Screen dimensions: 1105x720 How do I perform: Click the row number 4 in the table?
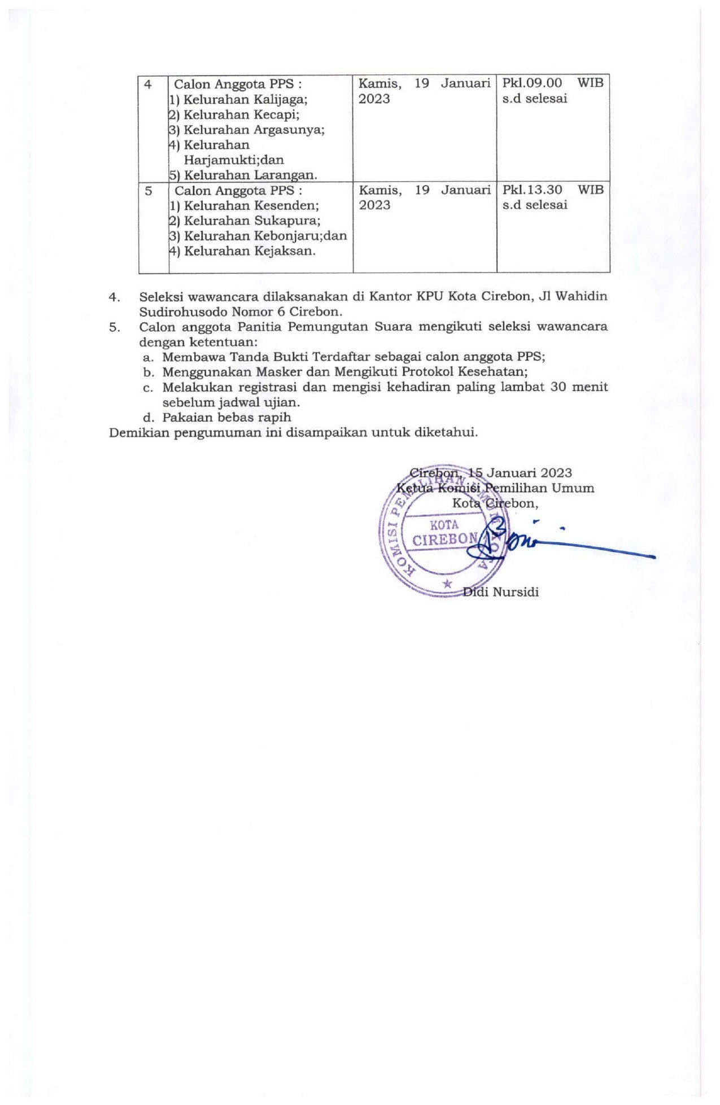point(148,85)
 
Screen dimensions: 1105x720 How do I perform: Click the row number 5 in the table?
point(149,191)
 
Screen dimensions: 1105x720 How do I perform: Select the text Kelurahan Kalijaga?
point(245,100)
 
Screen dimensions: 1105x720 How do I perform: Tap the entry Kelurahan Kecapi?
point(241,115)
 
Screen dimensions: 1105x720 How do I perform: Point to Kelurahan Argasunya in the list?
point(254,130)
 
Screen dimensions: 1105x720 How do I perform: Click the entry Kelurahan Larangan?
point(250,175)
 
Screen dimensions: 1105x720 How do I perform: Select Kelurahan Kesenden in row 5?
point(251,205)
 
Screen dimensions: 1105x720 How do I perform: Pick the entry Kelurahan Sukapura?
point(251,221)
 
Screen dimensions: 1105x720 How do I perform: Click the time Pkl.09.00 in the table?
point(532,83)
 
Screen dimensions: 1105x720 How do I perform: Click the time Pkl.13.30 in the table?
point(532,190)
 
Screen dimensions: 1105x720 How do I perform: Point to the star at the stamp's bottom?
point(447,584)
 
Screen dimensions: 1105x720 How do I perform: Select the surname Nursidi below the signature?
point(516,592)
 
